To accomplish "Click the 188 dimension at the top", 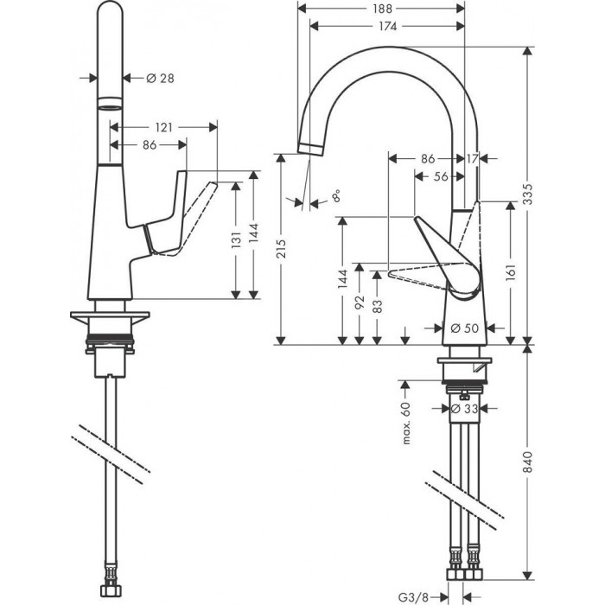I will (x=381, y=9).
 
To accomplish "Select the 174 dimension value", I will (x=386, y=27).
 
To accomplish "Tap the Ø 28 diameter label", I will (x=160, y=79).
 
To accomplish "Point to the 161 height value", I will (x=511, y=271).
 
